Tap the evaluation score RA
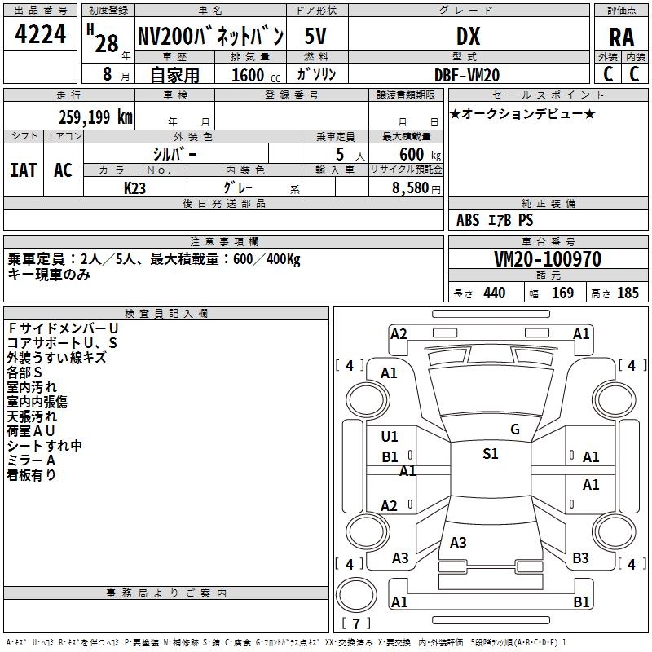621,37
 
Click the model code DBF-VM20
468,73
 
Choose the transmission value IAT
24,170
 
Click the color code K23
135,187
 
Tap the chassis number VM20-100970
548,259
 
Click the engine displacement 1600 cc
248,75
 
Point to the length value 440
494,293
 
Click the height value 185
628,293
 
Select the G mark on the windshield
515,430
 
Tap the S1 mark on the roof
490,454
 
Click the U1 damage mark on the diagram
390,437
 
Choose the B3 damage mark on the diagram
580,558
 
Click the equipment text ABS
468,220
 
